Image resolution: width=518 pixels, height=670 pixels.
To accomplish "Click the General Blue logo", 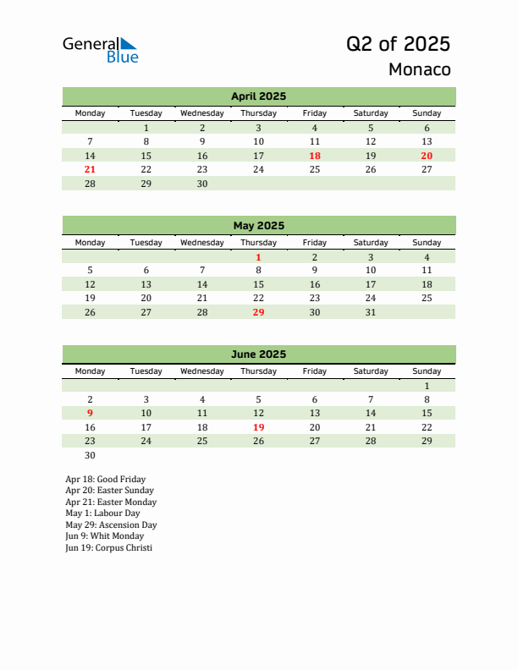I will (x=100, y=49).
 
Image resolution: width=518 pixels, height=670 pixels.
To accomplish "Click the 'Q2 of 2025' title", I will (x=398, y=44).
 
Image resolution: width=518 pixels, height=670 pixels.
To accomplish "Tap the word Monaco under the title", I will (x=419, y=69).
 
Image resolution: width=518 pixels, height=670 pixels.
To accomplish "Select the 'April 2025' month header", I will (x=258, y=96).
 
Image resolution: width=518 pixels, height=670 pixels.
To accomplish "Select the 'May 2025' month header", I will (x=258, y=226).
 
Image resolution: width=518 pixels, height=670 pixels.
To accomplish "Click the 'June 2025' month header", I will (x=258, y=354).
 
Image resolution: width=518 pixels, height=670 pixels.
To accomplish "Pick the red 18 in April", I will (x=315, y=156).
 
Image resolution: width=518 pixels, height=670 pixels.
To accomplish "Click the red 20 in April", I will (x=427, y=156).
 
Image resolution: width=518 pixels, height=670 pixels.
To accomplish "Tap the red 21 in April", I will (x=91, y=169).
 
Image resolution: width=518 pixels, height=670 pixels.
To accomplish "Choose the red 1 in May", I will (x=258, y=257).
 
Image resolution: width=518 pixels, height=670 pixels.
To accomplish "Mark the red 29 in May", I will (x=258, y=312).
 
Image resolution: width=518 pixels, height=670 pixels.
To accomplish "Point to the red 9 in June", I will (x=91, y=413).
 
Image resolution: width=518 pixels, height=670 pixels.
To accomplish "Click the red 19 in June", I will (x=258, y=427).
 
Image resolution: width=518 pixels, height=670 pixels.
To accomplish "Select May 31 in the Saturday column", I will (x=371, y=312).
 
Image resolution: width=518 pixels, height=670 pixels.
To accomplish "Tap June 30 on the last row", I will (x=91, y=455).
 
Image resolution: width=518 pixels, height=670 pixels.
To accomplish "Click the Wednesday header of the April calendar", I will (x=202, y=113).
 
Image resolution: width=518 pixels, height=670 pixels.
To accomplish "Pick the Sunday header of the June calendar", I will (x=427, y=371).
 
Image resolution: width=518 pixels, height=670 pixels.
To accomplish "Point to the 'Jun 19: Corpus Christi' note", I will (x=108, y=548).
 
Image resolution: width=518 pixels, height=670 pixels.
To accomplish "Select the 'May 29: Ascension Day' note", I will (x=111, y=524).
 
